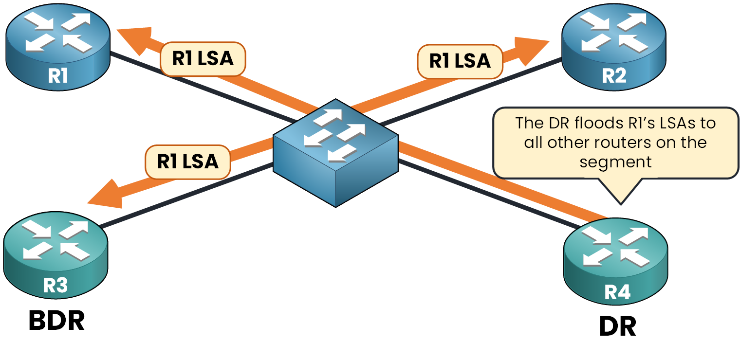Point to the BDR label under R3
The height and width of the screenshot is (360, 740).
click(56, 321)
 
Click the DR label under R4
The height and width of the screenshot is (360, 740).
click(617, 328)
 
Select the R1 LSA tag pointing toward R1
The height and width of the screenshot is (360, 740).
click(203, 59)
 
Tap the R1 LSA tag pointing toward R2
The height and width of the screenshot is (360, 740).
click(460, 61)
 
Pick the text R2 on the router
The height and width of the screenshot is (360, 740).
click(614, 76)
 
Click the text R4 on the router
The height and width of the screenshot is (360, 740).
click(617, 293)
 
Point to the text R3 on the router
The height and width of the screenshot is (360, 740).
click(55, 286)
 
